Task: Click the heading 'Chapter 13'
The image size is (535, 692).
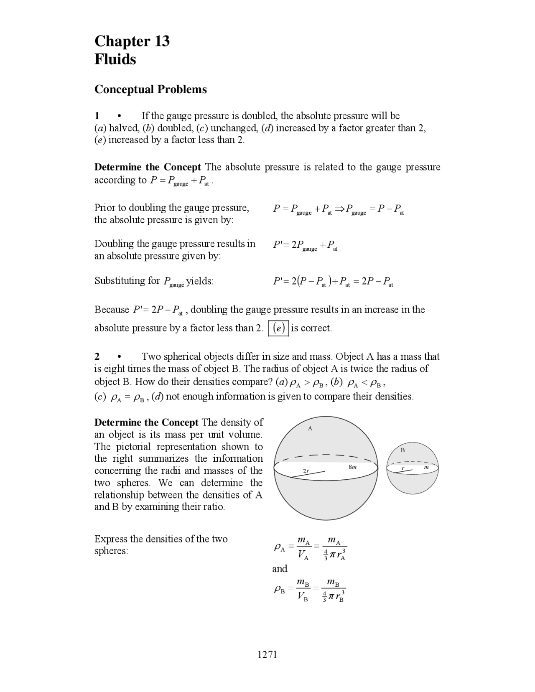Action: (x=132, y=41)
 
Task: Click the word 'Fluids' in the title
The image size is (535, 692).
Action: (x=115, y=59)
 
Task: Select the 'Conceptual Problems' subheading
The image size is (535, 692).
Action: (x=150, y=89)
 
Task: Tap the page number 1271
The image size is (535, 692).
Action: (x=267, y=654)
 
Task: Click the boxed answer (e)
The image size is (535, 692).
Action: (x=278, y=328)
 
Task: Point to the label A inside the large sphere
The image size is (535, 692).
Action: (x=310, y=428)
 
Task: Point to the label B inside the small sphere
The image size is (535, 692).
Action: (x=403, y=450)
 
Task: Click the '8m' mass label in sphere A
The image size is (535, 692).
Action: (x=352, y=466)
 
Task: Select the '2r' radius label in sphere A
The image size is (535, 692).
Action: (x=306, y=471)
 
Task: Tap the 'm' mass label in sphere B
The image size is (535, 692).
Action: (x=426, y=468)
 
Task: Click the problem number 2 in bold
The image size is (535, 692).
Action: (x=97, y=356)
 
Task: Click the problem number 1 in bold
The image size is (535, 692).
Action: (x=97, y=116)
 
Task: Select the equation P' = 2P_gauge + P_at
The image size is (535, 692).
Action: (x=305, y=245)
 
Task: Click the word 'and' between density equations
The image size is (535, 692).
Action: (x=280, y=569)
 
